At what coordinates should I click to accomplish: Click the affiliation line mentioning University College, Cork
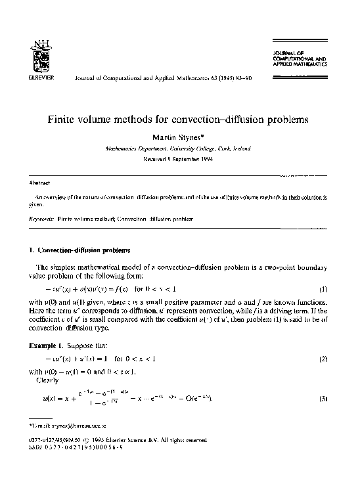pyautogui.click(x=177, y=148)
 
